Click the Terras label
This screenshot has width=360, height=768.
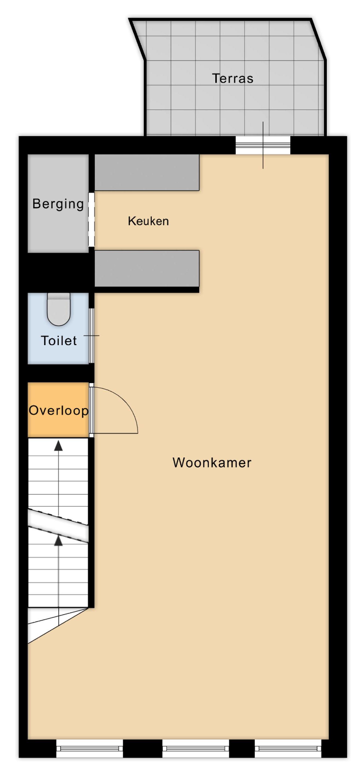point(232,79)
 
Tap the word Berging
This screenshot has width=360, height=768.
point(58,204)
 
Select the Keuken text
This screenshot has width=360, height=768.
point(148,221)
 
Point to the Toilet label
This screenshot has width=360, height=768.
point(59,340)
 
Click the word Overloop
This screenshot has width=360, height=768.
point(58,411)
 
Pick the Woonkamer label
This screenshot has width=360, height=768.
point(212,463)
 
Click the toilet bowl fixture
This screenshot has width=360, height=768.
point(59,309)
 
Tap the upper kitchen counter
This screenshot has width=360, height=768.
point(147,173)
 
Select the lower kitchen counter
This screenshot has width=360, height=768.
point(147,268)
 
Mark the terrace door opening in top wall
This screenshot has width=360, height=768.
point(263,146)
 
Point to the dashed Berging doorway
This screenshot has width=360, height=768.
point(91,219)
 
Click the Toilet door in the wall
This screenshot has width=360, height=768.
point(91,336)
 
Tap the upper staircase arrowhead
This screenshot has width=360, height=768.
point(59,445)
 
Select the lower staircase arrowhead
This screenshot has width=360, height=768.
point(59,541)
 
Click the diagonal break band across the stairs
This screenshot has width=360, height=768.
point(58,526)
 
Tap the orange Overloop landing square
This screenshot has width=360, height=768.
point(58,410)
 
